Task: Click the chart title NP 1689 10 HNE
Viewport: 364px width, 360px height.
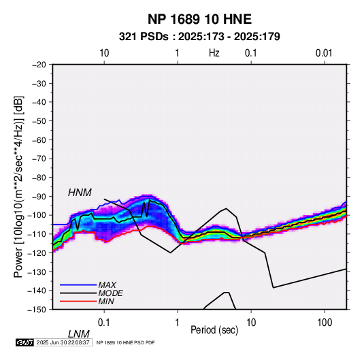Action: (199, 19)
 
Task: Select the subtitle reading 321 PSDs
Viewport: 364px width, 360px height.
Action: (144, 37)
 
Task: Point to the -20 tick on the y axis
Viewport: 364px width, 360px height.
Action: (39, 65)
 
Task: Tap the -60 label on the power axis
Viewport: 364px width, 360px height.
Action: (39, 140)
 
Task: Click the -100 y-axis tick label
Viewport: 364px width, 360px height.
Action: (37, 215)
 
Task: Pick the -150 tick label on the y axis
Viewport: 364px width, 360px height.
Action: (37, 310)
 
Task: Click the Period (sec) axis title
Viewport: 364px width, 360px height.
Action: (214, 330)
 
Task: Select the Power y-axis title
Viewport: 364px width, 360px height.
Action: (18, 186)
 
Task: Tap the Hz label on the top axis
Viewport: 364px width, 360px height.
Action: (214, 53)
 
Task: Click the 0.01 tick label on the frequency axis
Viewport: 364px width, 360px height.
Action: (324, 53)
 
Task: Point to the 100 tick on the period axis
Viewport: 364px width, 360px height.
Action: (325, 323)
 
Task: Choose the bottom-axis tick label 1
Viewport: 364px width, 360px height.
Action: (178, 323)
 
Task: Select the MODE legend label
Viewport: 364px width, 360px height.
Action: (110, 293)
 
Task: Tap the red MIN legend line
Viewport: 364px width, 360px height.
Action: (78, 301)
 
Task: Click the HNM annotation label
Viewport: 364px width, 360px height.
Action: (80, 193)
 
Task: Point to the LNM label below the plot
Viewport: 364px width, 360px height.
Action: (79, 334)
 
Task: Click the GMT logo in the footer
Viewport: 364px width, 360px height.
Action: (25, 342)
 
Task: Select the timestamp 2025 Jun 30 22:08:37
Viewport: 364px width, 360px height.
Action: (63, 342)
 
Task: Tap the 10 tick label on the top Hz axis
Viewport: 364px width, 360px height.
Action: (104, 53)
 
